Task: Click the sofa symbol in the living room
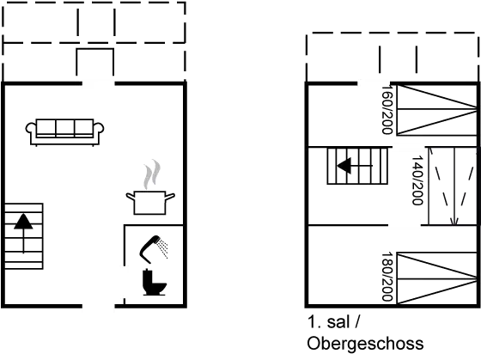(64, 132)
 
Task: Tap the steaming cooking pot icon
(150, 187)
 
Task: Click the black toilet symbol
(155, 282)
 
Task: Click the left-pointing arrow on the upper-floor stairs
(355, 166)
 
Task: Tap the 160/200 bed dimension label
(387, 110)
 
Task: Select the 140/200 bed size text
(417, 180)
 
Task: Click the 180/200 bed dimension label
(387, 277)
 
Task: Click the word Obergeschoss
(365, 344)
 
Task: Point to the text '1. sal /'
(333, 322)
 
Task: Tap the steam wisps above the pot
(152, 174)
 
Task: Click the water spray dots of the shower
(163, 249)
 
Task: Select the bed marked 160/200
(437, 110)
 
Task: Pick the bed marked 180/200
(437, 278)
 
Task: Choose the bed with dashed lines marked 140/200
(453, 186)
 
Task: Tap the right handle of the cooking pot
(170, 197)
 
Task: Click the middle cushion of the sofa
(64, 127)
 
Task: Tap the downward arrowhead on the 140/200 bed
(454, 221)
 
